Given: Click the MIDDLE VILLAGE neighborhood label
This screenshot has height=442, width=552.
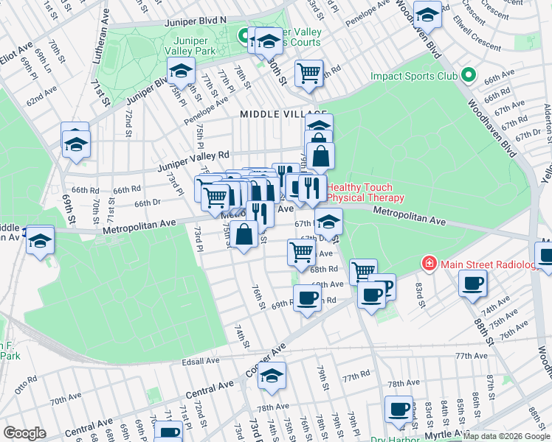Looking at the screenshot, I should coord(272,114).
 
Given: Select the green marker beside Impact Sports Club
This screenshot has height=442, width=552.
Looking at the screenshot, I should coord(466,75).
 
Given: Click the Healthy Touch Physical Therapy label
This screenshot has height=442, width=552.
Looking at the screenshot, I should coord(365,193).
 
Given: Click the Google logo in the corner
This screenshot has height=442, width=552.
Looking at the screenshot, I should coord(24,433).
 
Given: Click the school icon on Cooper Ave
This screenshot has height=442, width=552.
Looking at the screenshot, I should coord(272,375).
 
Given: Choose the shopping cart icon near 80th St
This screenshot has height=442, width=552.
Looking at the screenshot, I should coord(308,72).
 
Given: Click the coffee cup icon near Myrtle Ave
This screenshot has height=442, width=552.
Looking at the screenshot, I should coord(399,409).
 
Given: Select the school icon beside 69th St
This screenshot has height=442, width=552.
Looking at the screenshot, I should coord(75,142).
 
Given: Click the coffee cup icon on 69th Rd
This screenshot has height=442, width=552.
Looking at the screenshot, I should coord(307,297).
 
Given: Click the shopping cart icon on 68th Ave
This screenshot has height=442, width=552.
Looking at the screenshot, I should coord(300,251).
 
